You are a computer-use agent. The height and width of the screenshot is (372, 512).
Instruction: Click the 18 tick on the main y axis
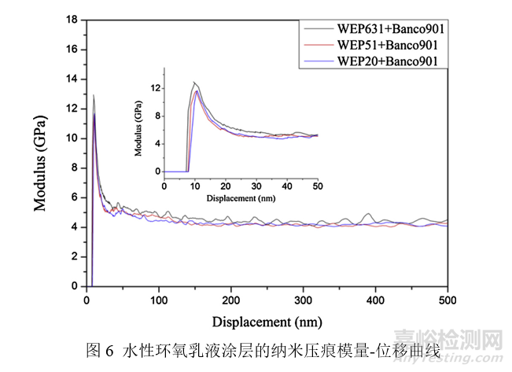73,20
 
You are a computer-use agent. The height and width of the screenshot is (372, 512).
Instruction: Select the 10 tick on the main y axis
73,138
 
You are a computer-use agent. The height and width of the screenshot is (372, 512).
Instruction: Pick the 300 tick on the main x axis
303,300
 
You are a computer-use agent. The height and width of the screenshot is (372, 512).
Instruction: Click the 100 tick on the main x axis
158,300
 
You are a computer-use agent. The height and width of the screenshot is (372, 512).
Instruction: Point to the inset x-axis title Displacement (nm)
241,197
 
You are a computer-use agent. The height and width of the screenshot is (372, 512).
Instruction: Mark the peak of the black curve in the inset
194,82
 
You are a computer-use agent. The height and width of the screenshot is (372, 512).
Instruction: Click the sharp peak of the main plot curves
94,96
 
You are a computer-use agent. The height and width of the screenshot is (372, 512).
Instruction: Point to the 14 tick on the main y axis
73,79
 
